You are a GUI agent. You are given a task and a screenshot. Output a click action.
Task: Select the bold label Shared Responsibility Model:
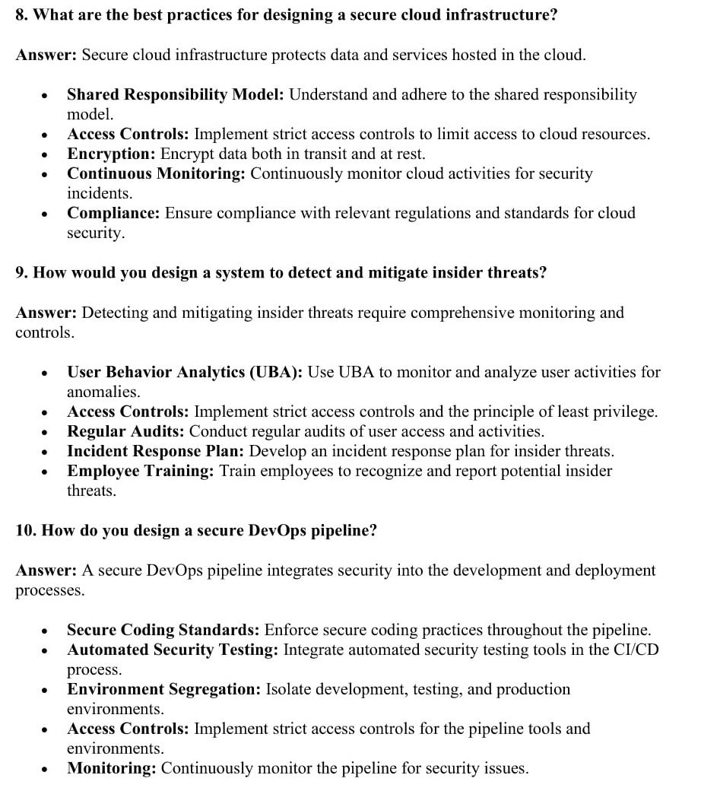(176, 95)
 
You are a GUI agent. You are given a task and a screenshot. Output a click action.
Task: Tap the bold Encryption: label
(111, 154)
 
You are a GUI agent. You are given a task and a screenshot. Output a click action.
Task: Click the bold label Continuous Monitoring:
(156, 174)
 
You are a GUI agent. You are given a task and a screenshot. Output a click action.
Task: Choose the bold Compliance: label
(113, 214)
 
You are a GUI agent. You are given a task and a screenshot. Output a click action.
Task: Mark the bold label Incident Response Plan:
(155, 452)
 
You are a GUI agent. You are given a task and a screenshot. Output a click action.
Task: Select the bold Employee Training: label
(141, 472)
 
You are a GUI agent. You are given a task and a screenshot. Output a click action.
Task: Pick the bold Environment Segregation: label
(163, 690)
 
